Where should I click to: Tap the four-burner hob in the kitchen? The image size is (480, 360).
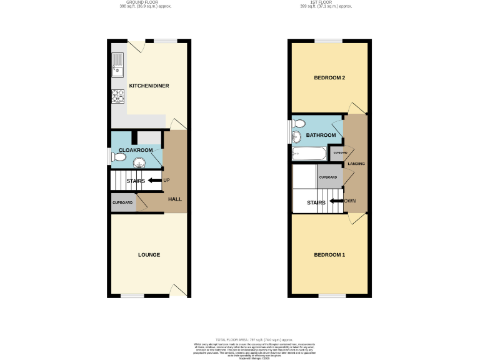(x=118, y=96)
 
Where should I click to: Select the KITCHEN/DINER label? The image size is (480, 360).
(x=149, y=86)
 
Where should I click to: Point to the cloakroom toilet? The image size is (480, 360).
(x=117, y=158)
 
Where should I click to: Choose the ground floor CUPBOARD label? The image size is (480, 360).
(x=122, y=203)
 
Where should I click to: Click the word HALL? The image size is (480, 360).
(x=175, y=199)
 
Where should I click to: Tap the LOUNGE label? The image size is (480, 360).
(x=149, y=255)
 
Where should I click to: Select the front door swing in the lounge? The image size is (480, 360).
(x=178, y=290)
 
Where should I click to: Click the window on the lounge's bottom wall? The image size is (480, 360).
(x=133, y=296)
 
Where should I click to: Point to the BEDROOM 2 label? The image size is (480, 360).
(x=329, y=78)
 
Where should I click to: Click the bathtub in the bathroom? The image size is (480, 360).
(x=308, y=153)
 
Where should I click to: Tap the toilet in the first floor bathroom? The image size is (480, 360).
(x=297, y=123)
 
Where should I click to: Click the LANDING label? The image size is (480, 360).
(x=356, y=164)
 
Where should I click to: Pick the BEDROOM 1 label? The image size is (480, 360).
(x=329, y=255)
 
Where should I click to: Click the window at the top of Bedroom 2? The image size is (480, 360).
(x=328, y=41)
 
